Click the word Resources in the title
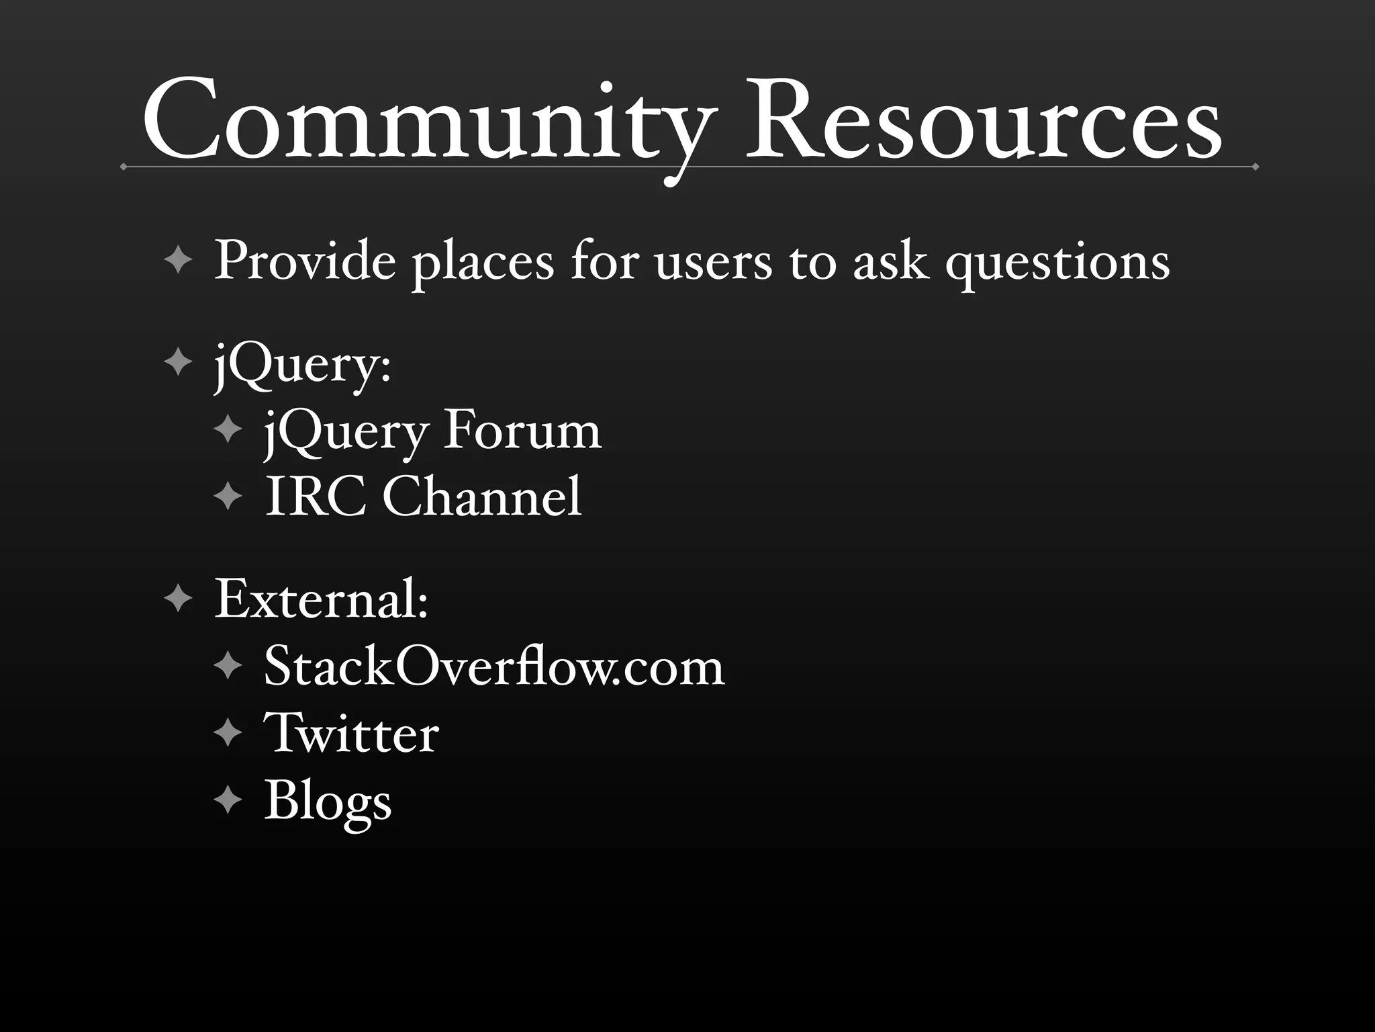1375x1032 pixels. tap(984, 121)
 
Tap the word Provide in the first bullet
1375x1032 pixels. tap(305, 261)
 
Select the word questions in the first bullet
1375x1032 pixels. tap(1057, 263)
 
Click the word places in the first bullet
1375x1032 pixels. tap(483, 263)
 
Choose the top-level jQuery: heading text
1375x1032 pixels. tap(302, 366)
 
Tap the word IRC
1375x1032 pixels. tap(316, 497)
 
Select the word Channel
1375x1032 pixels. tap(481, 497)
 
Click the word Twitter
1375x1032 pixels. tap(351, 733)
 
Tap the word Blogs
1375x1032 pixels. tap(328, 802)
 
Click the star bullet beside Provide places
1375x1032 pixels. tap(178, 260)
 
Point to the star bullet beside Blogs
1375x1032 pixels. tap(228, 800)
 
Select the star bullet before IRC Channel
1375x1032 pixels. tap(228, 497)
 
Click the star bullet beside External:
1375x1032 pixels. tap(178, 597)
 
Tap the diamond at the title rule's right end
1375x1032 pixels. tap(1255, 167)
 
